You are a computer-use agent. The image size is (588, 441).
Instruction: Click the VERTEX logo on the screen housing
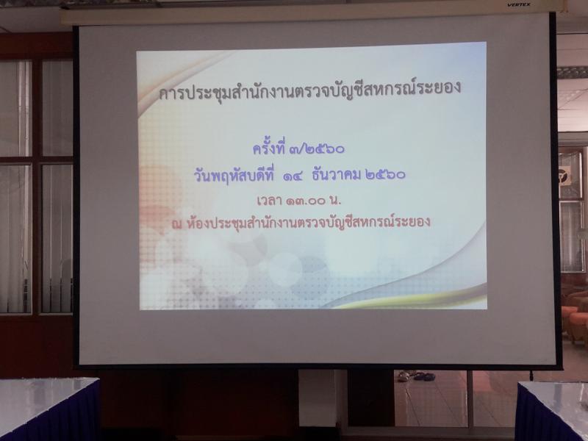pos(519,4)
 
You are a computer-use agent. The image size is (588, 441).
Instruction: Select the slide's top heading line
pos(309,90)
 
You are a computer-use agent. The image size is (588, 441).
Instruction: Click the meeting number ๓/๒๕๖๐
pos(318,149)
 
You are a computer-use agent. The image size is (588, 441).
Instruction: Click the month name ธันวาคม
pos(336,175)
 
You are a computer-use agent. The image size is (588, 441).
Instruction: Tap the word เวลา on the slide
pos(269,201)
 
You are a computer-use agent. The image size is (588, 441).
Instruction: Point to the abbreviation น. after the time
pos(335,201)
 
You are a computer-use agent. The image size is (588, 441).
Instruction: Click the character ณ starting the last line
pos(176,224)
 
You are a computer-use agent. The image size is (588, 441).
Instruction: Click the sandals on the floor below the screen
pos(416,376)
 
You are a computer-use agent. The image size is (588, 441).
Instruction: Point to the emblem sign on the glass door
pos(564,173)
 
